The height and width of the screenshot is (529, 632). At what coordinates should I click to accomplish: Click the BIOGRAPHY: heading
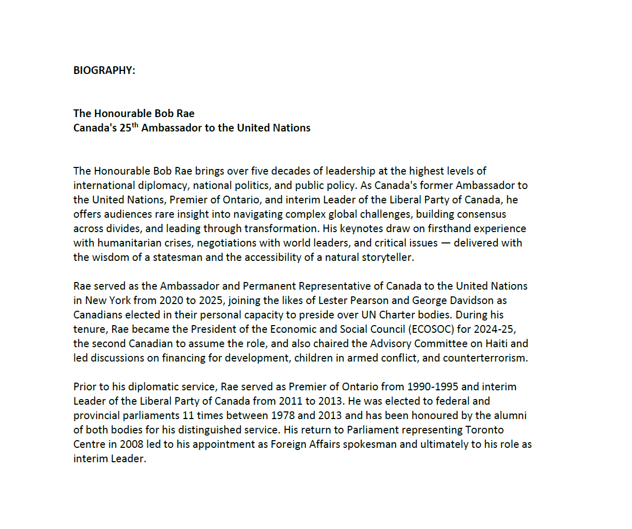pos(104,70)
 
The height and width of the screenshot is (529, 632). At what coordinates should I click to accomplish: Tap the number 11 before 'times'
pos(188,415)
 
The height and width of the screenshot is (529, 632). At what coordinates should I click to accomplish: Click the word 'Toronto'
pos(484,430)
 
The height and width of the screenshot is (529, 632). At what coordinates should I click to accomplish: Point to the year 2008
pos(132,444)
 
